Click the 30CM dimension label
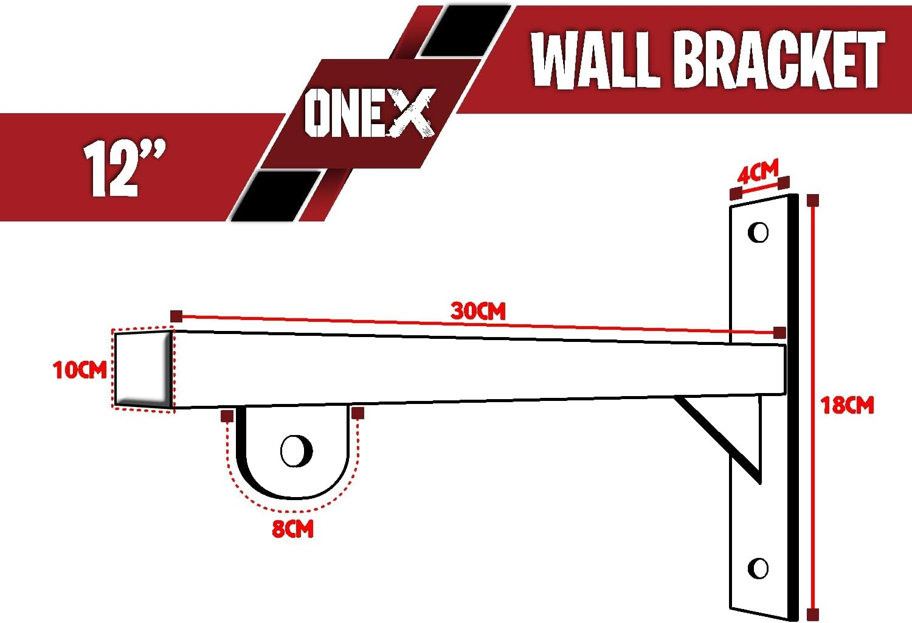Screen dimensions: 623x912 pyautogui.click(x=478, y=311)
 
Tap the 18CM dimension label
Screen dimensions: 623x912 pyautogui.click(x=847, y=405)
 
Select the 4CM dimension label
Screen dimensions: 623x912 pyautogui.click(x=757, y=173)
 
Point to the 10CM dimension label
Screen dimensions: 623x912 pyautogui.click(x=80, y=370)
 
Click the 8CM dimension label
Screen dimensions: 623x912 pyautogui.click(x=292, y=529)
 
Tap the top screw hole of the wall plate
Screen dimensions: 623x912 pyautogui.click(x=758, y=232)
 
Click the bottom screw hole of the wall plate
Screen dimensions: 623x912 pyautogui.click(x=758, y=568)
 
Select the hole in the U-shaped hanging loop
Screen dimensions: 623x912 pyautogui.click(x=296, y=451)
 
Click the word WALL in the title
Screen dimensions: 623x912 pyautogui.click(x=596, y=59)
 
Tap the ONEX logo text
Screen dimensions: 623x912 pyautogui.click(x=369, y=114)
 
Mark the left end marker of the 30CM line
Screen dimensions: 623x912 pyautogui.click(x=176, y=316)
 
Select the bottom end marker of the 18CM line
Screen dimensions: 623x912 pyautogui.click(x=813, y=613)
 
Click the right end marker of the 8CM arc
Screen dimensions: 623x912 pyautogui.click(x=358, y=414)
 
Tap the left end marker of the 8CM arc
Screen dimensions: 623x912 pyautogui.click(x=227, y=416)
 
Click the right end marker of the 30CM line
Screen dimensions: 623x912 pyautogui.click(x=779, y=332)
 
